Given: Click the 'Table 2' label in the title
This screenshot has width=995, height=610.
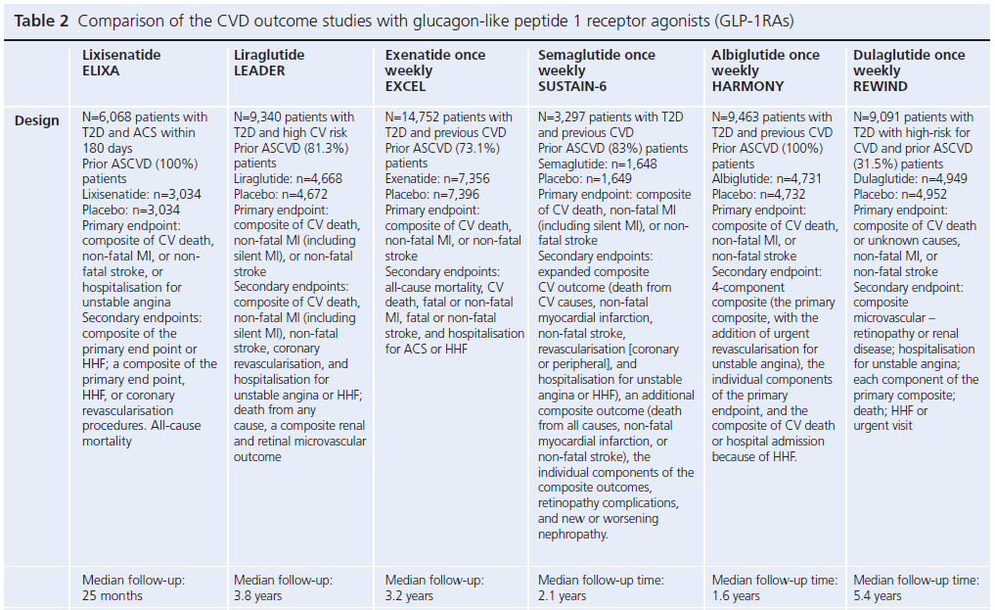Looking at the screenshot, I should coord(40,21).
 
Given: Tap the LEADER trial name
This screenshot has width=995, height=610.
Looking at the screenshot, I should coord(259,70).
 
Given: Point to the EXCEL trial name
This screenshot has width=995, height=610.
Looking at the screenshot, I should coord(405,86).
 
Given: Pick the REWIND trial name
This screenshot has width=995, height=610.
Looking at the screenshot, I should coord(881,86).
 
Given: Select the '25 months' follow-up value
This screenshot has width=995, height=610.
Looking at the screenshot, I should coord(113,595).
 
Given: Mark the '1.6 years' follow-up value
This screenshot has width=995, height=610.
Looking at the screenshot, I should coord(736,595).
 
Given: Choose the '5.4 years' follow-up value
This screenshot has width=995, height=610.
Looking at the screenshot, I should coord(878,595).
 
